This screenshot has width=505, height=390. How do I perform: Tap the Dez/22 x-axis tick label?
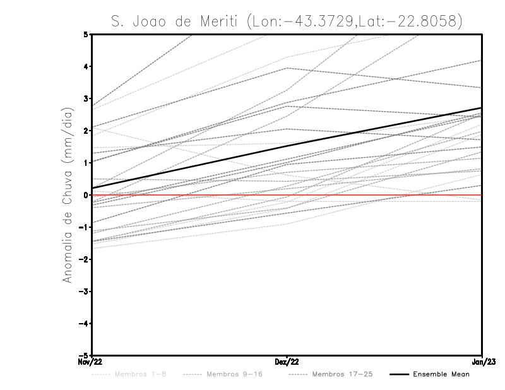287,362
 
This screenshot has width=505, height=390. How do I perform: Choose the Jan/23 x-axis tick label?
482,362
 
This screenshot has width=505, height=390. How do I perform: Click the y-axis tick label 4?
86,66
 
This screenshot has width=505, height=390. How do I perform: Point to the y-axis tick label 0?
86,195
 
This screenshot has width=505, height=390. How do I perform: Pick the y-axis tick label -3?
84,292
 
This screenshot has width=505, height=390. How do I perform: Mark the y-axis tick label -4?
84,324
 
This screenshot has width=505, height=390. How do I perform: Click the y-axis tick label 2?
86,131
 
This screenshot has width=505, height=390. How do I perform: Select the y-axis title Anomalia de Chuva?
66,195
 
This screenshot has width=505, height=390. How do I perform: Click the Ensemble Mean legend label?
441,374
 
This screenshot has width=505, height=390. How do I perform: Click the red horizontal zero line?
379,195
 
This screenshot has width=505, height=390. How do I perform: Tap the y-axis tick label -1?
84,227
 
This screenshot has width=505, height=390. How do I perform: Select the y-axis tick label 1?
86,163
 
